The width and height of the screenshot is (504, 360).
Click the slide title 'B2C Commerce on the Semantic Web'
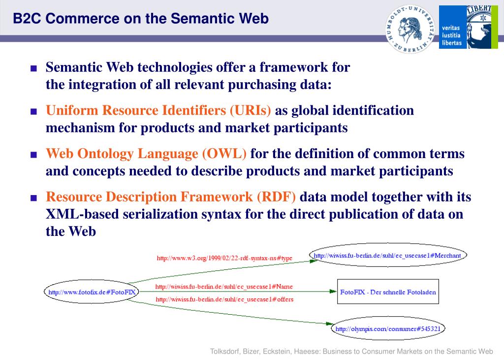coord(141,19)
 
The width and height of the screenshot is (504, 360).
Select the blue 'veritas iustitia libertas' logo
coord(465,27)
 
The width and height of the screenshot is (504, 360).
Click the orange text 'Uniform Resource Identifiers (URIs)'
coord(158,110)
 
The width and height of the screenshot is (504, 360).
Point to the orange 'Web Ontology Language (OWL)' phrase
coord(146,154)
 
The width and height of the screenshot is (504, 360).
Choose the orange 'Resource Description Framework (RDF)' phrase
coord(171,197)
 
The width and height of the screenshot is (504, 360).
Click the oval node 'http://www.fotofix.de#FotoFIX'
coord(92,292)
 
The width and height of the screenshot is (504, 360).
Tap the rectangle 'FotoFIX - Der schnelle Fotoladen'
coord(388,292)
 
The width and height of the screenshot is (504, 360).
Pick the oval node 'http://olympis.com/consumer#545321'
coord(387,328)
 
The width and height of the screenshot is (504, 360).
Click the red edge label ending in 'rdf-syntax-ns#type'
coord(224,258)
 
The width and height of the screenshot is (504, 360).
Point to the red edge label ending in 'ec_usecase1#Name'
coord(224,287)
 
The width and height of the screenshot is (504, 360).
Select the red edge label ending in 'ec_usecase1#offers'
coord(224,299)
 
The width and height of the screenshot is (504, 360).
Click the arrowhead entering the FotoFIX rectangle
coord(333,292)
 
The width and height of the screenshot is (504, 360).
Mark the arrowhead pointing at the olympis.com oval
coord(328,324)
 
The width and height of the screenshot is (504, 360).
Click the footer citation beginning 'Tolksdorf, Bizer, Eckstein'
coord(351,352)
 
